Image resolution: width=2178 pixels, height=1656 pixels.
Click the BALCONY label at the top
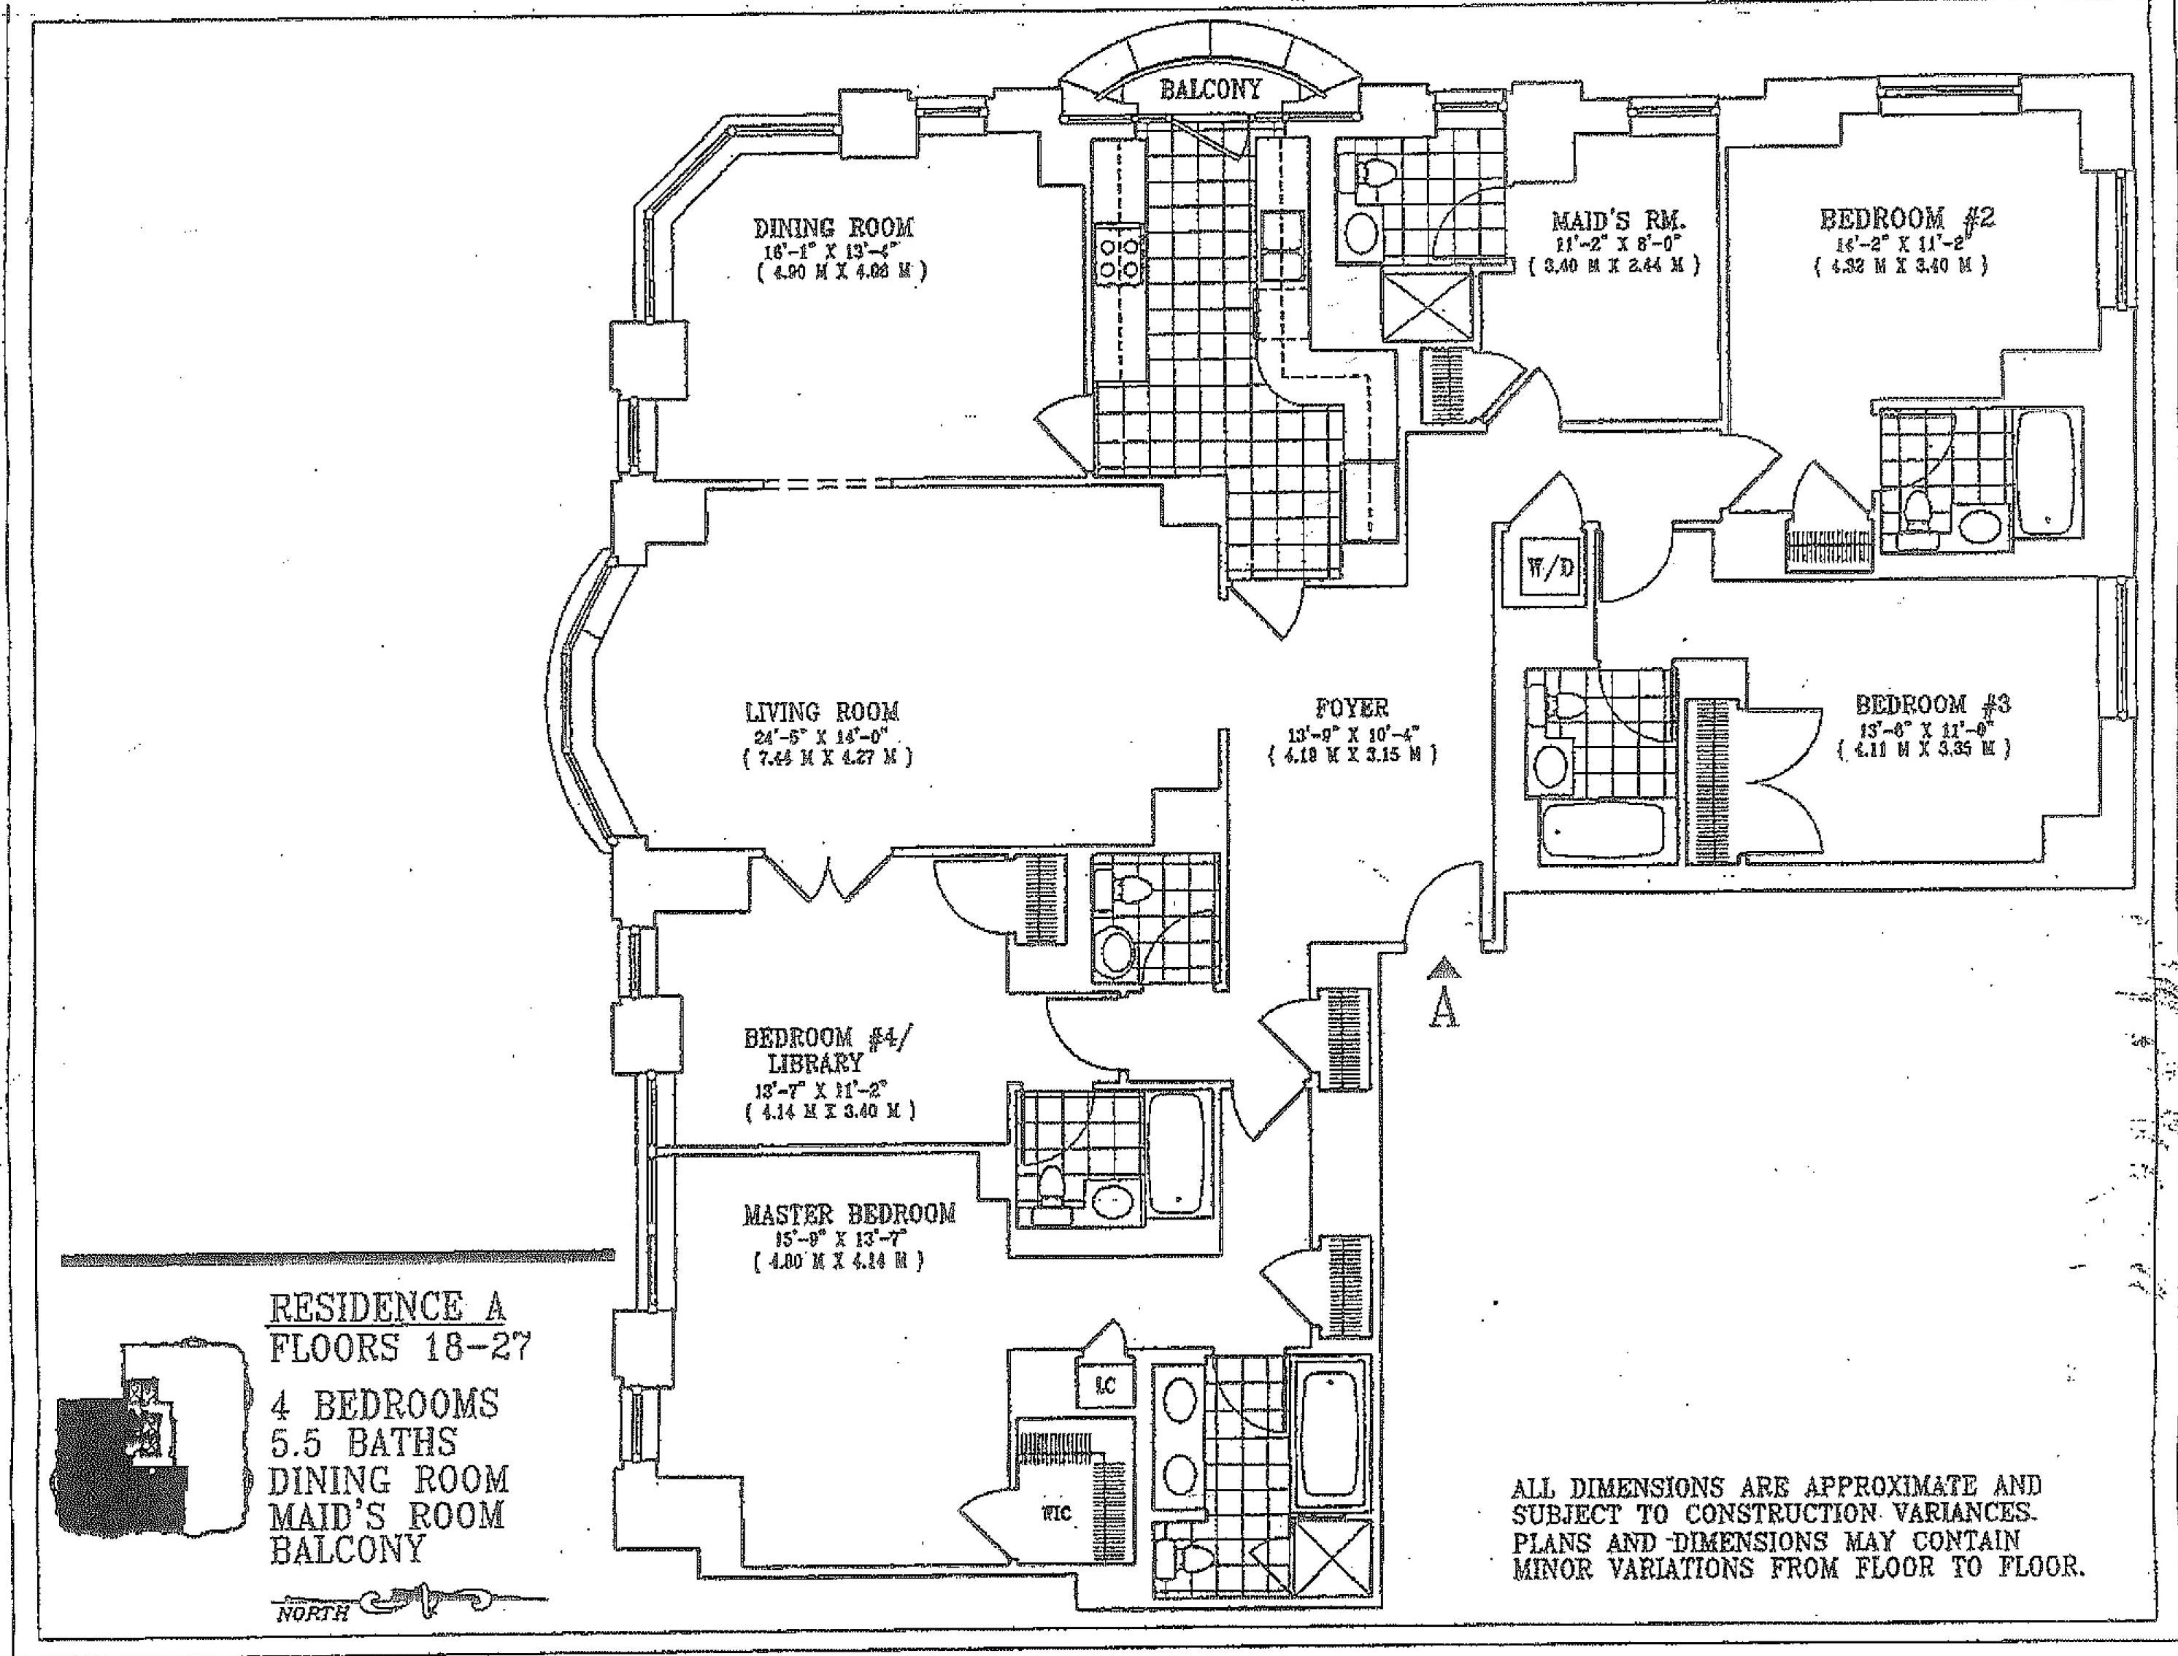[x=1209, y=90]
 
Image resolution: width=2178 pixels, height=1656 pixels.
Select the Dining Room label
[x=833, y=228]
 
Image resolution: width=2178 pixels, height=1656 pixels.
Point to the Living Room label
[x=821, y=712]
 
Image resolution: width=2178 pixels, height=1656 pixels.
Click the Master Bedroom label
[x=849, y=1214]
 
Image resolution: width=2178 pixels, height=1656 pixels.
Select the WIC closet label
[x=1056, y=1513]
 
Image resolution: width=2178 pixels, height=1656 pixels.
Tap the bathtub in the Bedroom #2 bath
[x=2045, y=471]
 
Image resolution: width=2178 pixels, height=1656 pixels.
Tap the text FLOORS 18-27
[x=399, y=1347]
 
